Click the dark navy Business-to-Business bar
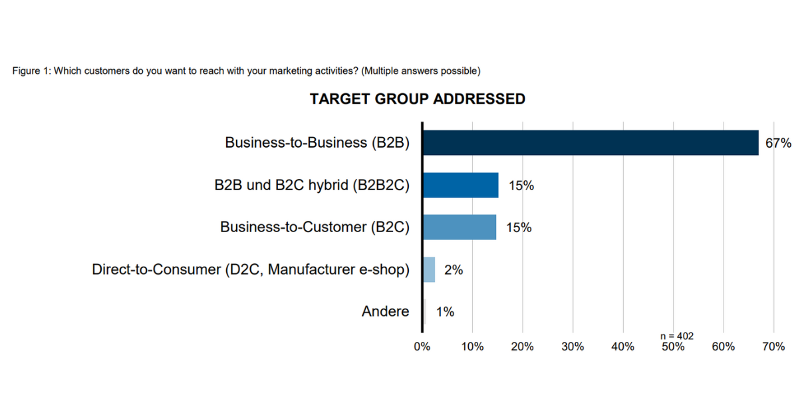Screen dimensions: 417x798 (591, 143)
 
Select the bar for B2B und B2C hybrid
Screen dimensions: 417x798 (460, 185)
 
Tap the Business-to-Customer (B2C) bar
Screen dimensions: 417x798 (460, 227)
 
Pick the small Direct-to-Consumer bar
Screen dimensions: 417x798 (429, 269)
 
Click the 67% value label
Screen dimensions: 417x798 (778, 143)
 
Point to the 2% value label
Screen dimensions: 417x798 (454, 270)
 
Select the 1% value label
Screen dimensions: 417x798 (445, 311)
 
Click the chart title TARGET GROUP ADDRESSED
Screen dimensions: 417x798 (417, 99)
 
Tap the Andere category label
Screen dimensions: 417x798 (386, 311)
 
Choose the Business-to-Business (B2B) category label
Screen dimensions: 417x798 (317, 143)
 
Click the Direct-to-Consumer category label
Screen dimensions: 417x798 (251, 269)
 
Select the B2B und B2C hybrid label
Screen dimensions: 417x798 (307, 186)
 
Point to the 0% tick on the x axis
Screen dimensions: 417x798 (422, 347)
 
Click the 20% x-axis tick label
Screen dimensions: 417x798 (523, 347)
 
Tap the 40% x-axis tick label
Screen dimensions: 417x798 (623, 347)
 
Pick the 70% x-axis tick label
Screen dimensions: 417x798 (773, 347)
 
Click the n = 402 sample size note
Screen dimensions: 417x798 (676, 337)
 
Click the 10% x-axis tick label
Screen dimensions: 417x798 (472, 347)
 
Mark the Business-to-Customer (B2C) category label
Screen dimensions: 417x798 (315, 227)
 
